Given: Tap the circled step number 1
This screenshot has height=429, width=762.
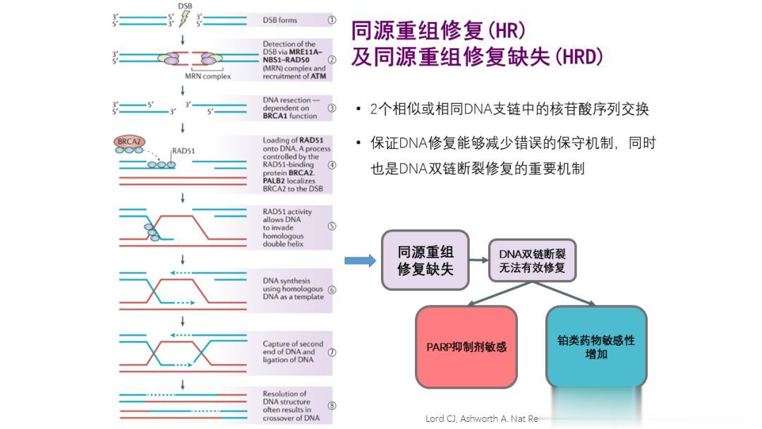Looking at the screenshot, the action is (331, 20).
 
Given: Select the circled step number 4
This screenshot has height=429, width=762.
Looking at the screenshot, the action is (331, 165).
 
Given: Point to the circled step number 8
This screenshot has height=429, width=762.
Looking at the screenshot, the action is (331, 406).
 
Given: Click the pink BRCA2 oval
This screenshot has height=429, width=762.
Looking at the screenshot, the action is (129, 143).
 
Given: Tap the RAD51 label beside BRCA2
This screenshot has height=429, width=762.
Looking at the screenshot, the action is (183, 150).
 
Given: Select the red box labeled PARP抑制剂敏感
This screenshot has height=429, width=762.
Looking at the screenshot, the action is (466, 346).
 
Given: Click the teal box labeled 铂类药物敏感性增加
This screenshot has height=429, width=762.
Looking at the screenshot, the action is (596, 346).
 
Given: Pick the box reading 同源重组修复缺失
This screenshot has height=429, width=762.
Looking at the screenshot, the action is (425, 260).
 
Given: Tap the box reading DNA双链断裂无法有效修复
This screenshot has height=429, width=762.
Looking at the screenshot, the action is (532, 260).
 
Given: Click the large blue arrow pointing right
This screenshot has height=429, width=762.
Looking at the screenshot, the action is (360, 261).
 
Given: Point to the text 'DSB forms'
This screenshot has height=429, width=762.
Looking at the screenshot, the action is (280, 21).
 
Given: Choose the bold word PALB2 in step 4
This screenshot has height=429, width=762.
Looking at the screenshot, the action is (275, 181).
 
